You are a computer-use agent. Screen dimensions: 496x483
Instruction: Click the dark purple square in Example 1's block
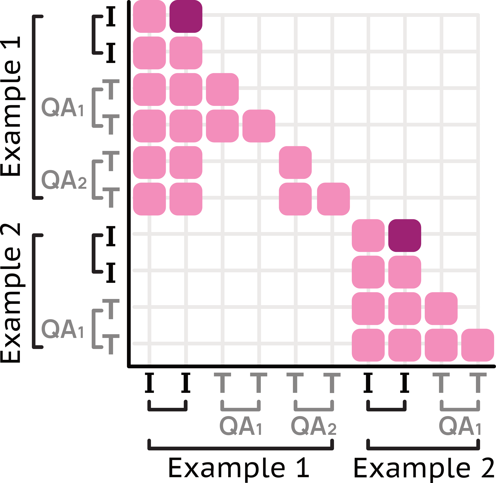(x=186, y=16)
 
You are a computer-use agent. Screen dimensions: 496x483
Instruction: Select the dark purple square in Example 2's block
(x=405, y=236)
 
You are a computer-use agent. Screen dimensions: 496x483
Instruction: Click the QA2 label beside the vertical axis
(x=64, y=180)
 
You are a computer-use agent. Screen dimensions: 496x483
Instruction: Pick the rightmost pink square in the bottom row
(x=477, y=345)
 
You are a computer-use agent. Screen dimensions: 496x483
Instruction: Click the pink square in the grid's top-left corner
(x=149, y=16)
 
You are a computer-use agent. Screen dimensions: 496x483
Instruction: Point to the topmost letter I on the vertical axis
(x=111, y=17)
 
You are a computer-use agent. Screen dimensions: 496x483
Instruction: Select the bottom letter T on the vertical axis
(x=111, y=344)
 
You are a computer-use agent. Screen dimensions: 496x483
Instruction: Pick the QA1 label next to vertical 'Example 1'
(x=62, y=107)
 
